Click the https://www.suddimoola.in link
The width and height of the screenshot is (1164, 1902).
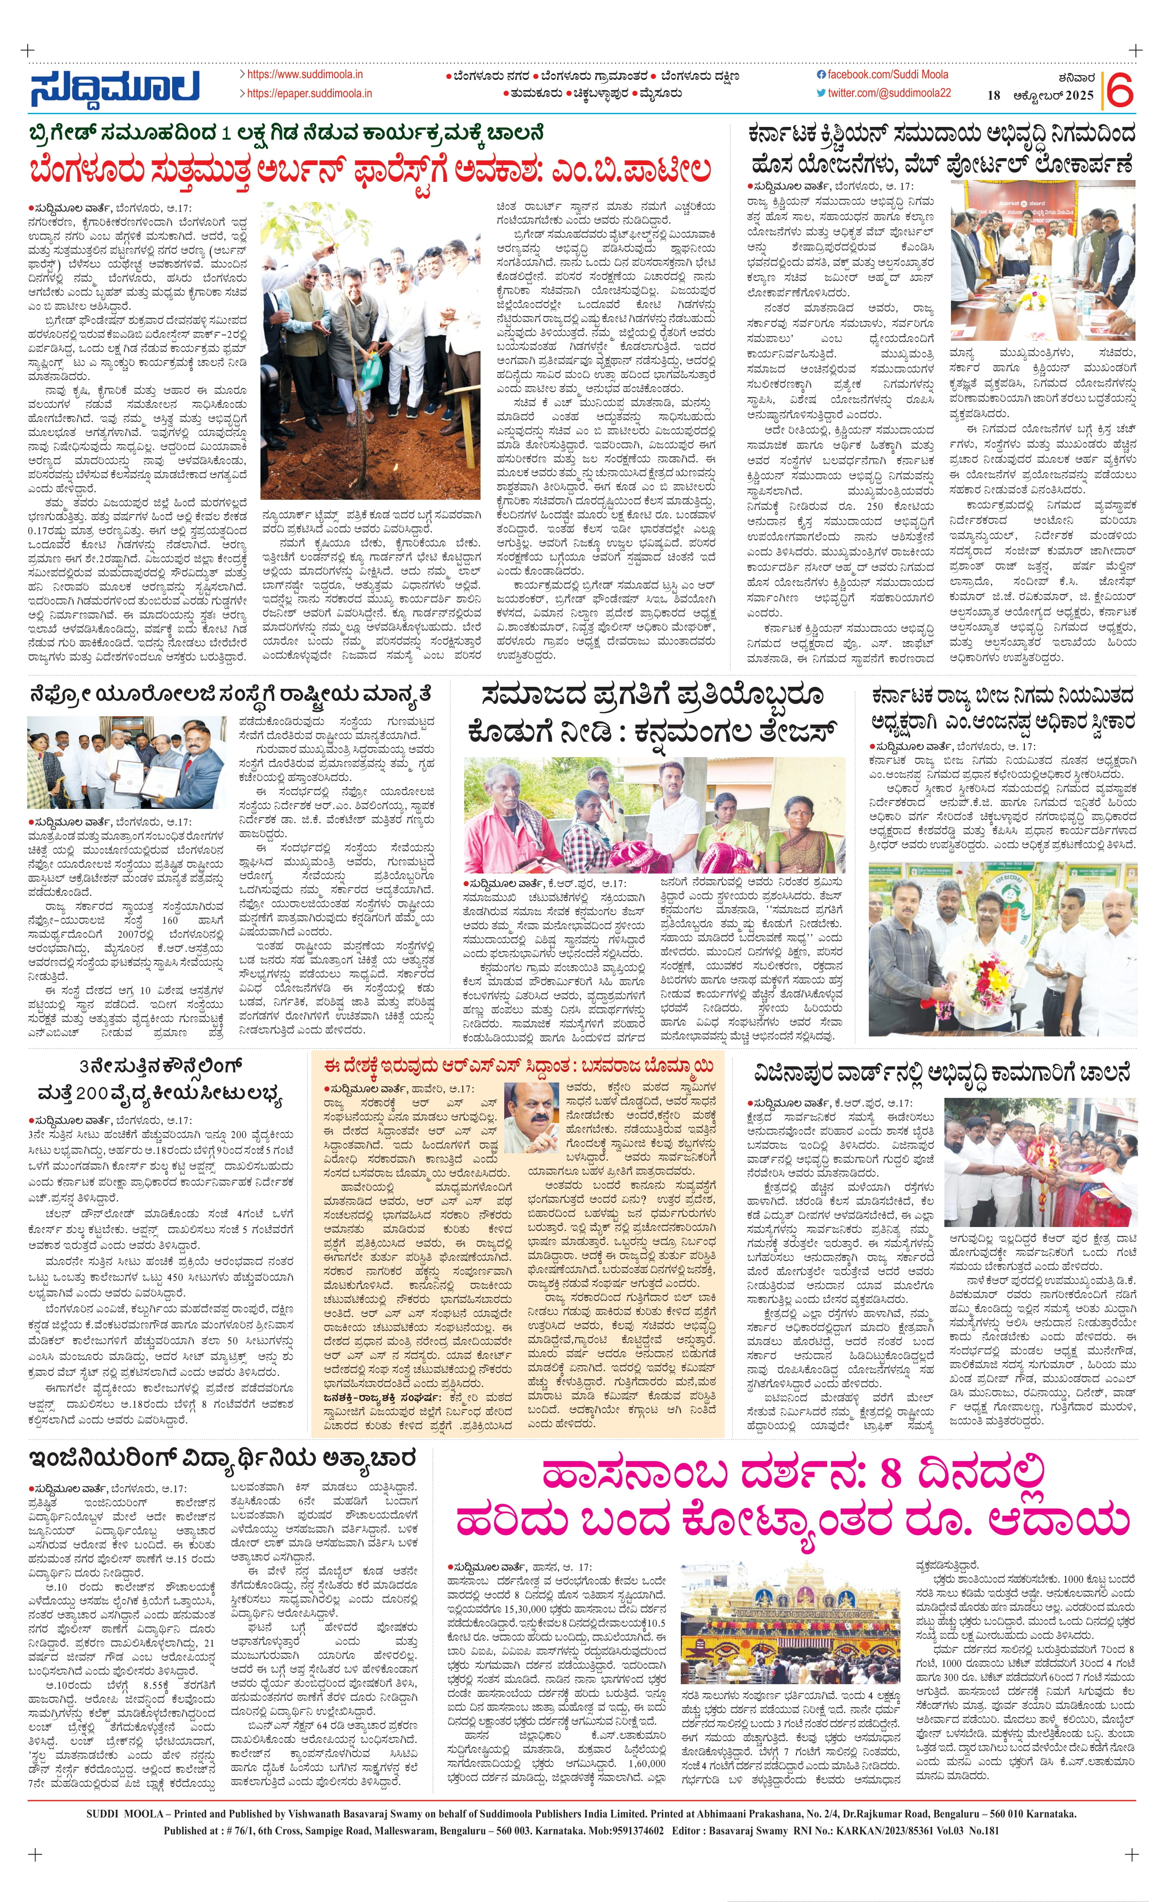coord(304,75)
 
